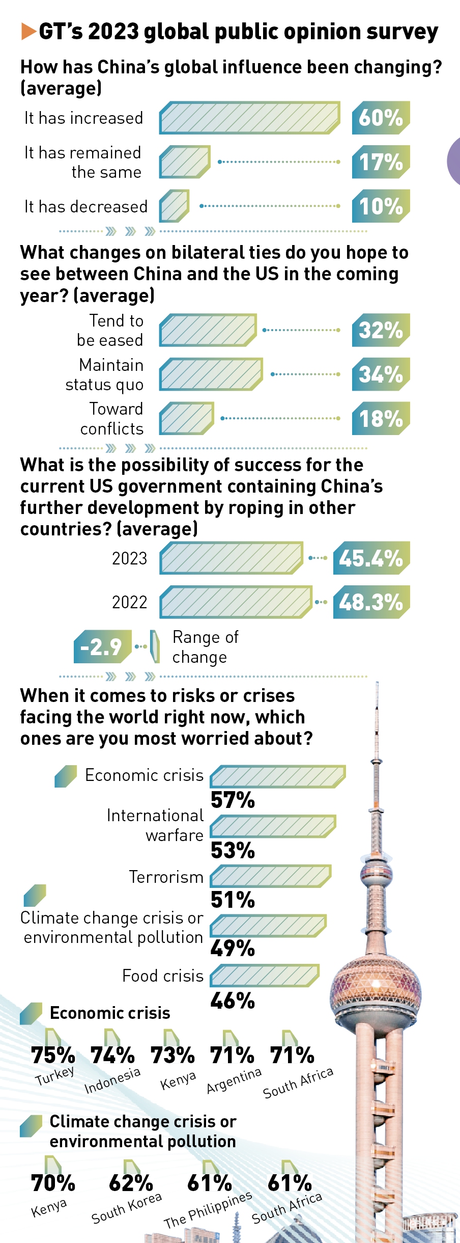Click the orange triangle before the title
(28, 32)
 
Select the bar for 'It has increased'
(249, 118)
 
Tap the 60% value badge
(381, 118)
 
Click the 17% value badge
(381, 162)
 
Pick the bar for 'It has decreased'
(174, 206)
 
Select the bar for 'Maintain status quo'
(211, 374)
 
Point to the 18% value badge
(381, 418)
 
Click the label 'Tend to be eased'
(110, 330)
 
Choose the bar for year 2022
(236, 602)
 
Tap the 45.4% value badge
(371, 558)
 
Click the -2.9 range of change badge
(102, 647)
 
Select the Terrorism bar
(271, 876)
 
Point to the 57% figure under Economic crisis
(233, 800)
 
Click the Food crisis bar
(265, 975)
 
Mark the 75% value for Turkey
(53, 1055)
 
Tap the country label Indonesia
(112, 1080)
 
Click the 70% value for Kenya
(53, 1183)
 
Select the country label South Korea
(127, 1208)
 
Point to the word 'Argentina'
(234, 1080)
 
